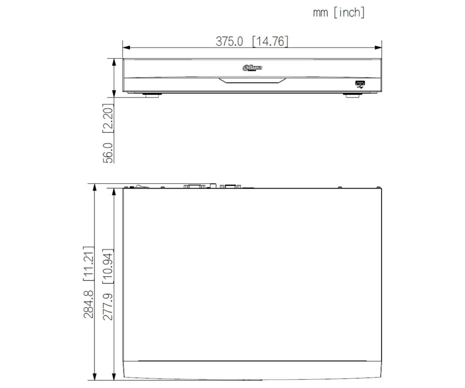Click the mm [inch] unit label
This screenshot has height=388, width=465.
[339, 13]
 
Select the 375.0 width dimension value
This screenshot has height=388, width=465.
[229, 41]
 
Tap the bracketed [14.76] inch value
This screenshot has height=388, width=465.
[270, 41]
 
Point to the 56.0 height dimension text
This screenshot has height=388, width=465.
[108, 153]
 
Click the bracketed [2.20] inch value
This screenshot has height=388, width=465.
[108, 118]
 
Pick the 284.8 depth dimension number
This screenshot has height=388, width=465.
[88, 304]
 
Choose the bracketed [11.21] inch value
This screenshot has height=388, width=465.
[88, 264]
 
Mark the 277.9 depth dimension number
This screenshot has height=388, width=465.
[108, 307]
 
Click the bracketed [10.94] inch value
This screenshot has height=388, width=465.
[108, 266]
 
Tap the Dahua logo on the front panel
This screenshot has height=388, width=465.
[252, 68]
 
